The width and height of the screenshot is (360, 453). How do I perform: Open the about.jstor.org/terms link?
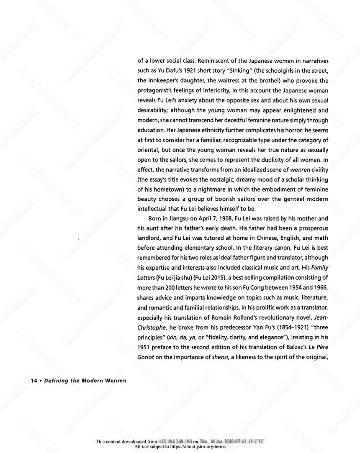[195, 447]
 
